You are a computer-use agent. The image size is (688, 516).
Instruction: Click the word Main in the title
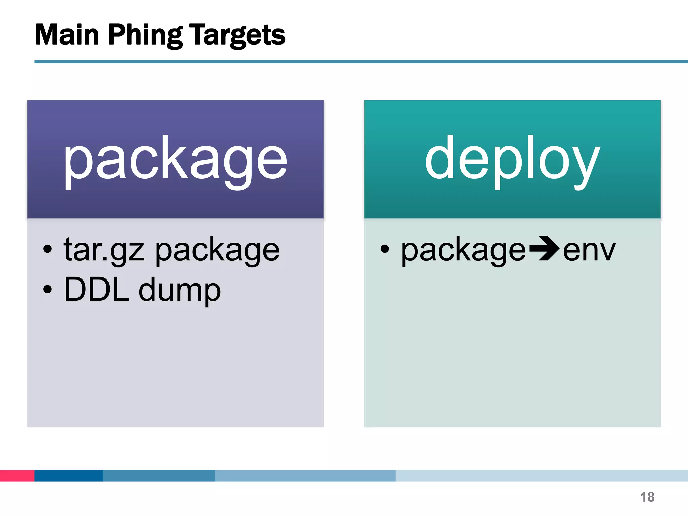click(67, 35)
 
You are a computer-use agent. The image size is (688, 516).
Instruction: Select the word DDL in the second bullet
click(97, 290)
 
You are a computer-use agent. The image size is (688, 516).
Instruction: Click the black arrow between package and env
click(544, 249)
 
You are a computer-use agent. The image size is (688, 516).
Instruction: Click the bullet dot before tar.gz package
click(48, 249)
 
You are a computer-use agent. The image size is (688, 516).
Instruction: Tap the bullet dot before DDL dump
click(48, 289)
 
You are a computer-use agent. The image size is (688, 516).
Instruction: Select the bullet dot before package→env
click(385, 249)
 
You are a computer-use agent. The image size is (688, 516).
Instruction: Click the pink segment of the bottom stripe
click(17, 476)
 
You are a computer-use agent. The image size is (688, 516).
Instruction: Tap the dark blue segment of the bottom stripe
click(69, 476)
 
